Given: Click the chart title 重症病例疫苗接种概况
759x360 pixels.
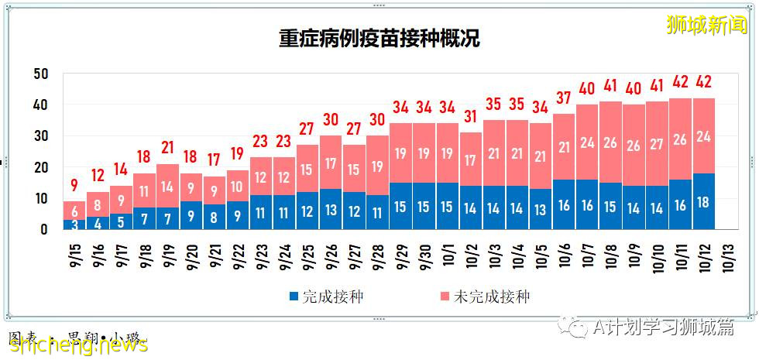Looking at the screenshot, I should [379, 39].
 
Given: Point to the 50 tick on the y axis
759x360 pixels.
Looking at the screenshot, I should [41, 74].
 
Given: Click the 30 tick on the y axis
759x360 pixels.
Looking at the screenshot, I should [41, 136].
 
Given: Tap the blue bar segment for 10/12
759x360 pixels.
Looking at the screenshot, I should [704, 201].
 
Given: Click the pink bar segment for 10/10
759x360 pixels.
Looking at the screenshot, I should [658, 143].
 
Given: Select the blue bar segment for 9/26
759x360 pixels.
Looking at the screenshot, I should [331, 209].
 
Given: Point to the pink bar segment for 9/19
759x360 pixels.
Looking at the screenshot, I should [168, 186].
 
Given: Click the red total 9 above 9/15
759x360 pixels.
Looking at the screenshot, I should [74, 186].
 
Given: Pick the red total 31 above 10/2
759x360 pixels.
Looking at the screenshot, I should [471, 117].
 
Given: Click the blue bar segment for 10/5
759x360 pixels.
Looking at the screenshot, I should [541, 209].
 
